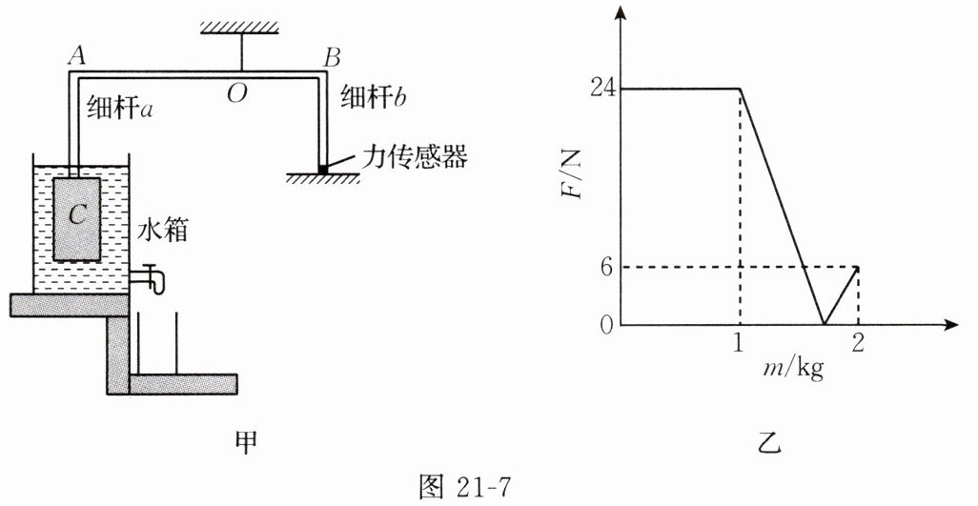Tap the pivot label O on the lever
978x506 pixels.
pos(234,92)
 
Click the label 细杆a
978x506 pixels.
pos(121,107)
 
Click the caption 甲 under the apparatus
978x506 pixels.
pos(246,442)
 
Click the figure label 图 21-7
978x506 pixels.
pos(468,487)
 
